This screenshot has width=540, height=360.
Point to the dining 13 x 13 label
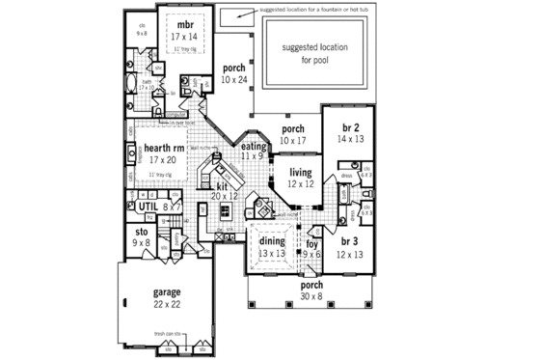(x=271, y=247)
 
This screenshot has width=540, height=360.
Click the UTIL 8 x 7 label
(x=152, y=207)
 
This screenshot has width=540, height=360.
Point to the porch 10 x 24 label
(x=233, y=73)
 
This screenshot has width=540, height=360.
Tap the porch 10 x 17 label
(x=293, y=134)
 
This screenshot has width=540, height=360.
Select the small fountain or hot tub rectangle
(x=233, y=17)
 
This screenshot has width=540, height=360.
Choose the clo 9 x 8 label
(x=142, y=30)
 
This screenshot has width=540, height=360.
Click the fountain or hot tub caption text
(x=313, y=10)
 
